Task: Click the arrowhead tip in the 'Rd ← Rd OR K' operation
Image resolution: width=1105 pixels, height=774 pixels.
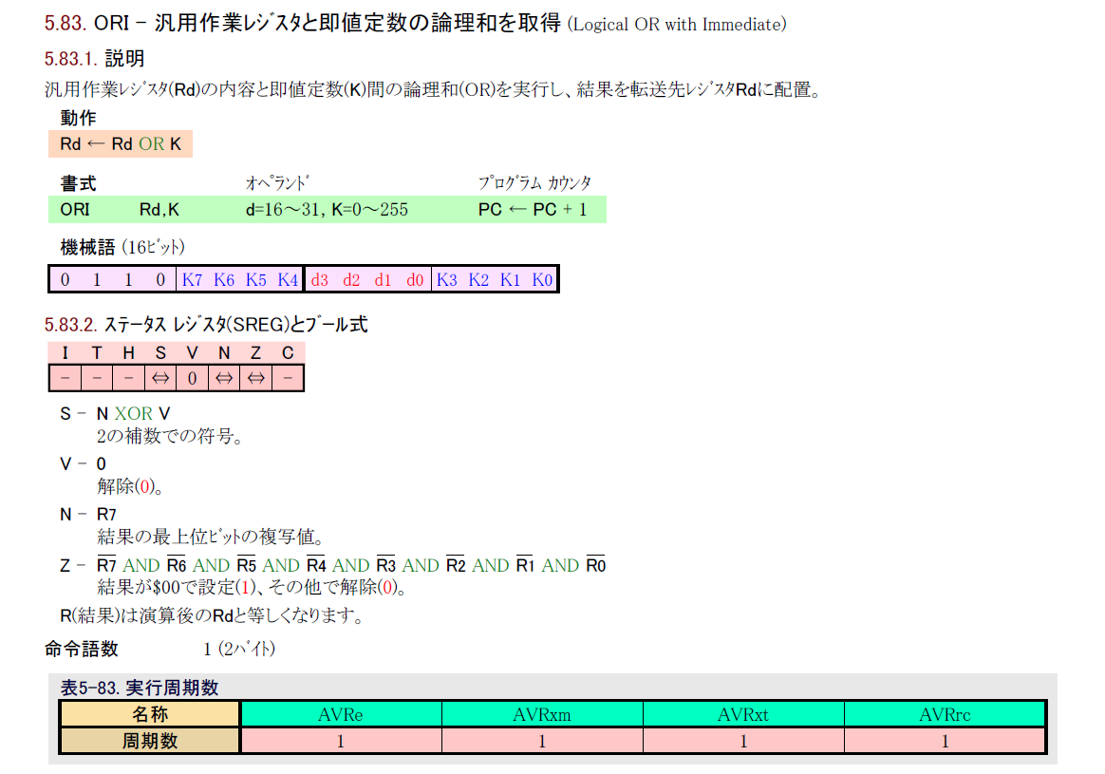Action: click(x=87, y=144)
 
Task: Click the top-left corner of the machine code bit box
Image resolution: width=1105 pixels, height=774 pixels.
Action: click(x=47, y=265)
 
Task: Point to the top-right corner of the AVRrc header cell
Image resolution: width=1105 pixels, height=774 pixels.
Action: click(x=1046, y=701)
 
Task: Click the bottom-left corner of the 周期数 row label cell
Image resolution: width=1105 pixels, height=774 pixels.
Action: click(x=60, y=753)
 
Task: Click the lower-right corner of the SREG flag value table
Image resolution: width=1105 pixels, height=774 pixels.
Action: click(x=305, y=391)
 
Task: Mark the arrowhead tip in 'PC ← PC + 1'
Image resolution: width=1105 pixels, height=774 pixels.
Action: click(x=510, y=210)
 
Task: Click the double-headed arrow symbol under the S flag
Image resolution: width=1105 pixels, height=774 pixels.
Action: click(x=160, y=379)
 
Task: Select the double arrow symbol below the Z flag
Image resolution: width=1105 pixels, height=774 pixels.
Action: click(x=255, y=379)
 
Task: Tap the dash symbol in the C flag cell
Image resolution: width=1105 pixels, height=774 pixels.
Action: click(x=288, y=379)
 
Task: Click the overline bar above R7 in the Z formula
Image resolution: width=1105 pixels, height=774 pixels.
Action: click(x=106, y=557)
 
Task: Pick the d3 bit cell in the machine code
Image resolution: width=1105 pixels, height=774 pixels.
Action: click(x=320, y=280)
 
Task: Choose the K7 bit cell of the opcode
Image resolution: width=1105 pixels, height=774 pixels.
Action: click(x=193, y=280)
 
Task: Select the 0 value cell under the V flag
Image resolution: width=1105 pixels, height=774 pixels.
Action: click(x=193, y=379)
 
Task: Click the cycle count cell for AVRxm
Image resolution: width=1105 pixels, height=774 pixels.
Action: click(x=542, y=741)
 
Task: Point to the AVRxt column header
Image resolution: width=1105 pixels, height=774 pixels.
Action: click(x=743, y=715)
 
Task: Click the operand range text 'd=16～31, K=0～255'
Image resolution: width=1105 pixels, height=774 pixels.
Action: click(x=327, y=210)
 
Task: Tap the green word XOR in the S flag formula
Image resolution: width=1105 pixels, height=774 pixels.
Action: click(x=134, y=414)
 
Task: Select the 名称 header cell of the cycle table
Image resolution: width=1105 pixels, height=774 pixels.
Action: click(x=150, y=714)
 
